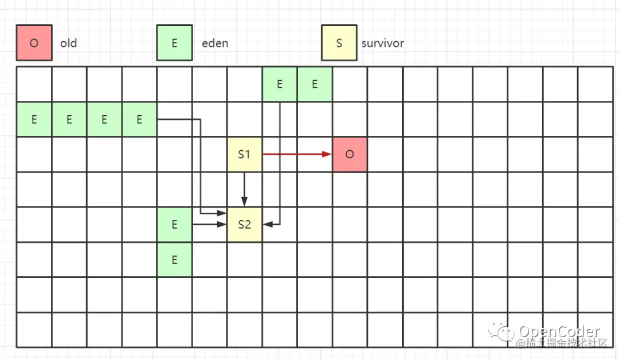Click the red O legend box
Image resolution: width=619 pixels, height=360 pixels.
(x=34, y=43)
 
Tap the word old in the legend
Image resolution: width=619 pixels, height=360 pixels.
(x=69, y=44)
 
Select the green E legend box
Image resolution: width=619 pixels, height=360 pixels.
(x=174, y=43)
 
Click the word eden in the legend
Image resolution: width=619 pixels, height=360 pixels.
(x=215, y=44)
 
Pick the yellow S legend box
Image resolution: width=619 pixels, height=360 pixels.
(x=339, y=43)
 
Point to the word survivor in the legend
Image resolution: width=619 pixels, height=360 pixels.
(x=382, y=44)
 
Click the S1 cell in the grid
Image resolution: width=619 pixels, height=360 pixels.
(x=245, y=155)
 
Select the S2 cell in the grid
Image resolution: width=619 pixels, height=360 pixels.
(x=245, y=224)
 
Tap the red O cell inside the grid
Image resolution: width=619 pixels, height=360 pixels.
(x=350, y=155)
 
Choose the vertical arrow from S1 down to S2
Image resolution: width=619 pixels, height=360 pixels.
(x=245, y=189)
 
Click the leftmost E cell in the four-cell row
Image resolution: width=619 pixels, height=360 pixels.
(x=34, y=120)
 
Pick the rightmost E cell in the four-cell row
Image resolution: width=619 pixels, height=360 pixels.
(x=139, y=120)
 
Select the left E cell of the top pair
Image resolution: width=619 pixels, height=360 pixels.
(x=280, y=84)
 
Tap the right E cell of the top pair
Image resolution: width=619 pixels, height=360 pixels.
(x=315, y=84)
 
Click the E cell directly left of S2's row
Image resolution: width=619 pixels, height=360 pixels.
(x=174, y=224)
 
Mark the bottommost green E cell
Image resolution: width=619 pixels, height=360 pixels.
(x=174, y=260)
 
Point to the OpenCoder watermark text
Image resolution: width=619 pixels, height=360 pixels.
(x=559, y=332)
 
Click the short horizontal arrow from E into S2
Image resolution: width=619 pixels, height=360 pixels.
(x=210, y=225)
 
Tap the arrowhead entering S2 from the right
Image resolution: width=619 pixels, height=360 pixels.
(x=267, y=225)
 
